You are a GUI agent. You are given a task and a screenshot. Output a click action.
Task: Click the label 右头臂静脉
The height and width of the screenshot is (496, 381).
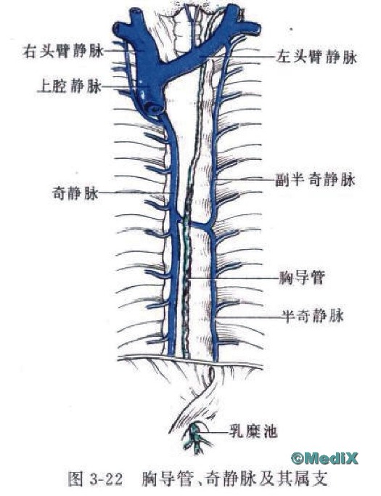[x=63, y=51]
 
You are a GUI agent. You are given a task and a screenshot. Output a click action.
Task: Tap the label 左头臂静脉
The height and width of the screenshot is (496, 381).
[x=316, y=57]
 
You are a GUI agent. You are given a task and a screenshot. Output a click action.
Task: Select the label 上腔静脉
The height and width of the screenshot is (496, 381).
[x=70, y=86]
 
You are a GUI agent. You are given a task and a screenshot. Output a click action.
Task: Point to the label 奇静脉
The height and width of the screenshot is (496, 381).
[x=75, y=192]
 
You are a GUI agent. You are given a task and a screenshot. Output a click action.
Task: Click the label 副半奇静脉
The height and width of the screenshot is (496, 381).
[x=315, y=179]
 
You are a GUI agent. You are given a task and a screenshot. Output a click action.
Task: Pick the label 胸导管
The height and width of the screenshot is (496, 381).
[x=302, y=277]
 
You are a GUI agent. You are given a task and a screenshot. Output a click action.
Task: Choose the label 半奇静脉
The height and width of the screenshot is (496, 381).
[x=313, y=315]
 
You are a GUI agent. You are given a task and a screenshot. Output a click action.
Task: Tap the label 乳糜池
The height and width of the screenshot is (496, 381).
[x=253, y=431]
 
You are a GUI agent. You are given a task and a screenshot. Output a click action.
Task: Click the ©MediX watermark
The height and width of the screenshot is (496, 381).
[x=324, y=458]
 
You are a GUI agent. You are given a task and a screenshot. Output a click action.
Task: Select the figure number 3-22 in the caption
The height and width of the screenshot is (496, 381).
[x=106, y=479]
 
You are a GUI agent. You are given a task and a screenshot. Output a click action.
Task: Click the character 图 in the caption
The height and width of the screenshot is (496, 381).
[x=76, y=479]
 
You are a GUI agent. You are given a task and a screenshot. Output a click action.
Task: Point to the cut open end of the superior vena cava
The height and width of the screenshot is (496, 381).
[x=153, y=108]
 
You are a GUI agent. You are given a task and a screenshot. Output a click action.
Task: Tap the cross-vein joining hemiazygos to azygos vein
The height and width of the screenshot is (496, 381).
[x=196, y=224]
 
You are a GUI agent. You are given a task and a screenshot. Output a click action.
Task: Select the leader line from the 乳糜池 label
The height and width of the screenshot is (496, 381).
[x=218, y=431]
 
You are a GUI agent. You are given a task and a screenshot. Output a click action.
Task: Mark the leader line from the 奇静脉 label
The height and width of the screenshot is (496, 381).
[x=136, y=192]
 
